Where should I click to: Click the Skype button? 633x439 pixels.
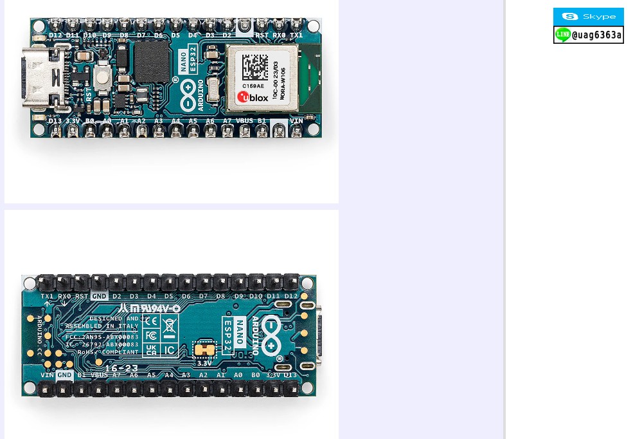coord(588,17)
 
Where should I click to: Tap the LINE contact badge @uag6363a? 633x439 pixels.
coord(588,35)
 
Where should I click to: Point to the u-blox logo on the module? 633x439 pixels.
coord(252,97)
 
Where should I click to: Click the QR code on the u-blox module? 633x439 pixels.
coord(255,66)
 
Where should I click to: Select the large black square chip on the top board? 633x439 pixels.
coord(152,62)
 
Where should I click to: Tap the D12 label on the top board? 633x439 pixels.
coord(55,35)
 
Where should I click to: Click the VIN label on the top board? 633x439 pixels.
coord(296,121)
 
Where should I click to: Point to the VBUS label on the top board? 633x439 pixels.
coord(244,121)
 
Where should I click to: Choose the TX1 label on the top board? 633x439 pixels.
coord(296,35)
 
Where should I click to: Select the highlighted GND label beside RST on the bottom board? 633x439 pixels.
coord(99,297)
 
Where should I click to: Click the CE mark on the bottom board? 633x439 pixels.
coord(150,321)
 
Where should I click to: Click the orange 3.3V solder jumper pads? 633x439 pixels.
coord(204,350)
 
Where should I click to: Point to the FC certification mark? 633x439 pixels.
coord(150,335)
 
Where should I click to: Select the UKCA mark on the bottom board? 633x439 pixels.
coord(150,350)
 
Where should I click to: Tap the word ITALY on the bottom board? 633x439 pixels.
coord(129,326)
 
